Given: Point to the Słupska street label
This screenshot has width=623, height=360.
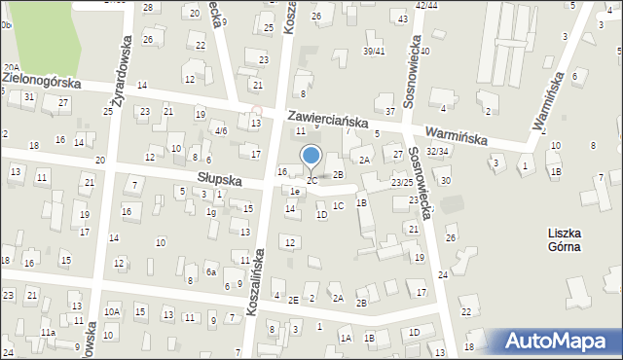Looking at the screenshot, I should (x=219, y=178).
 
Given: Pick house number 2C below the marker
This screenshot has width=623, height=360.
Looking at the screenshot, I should (x=312, y=180).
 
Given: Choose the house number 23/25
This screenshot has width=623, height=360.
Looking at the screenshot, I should (x=402, y=182).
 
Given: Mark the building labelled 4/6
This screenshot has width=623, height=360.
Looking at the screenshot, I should (x=221, y=130).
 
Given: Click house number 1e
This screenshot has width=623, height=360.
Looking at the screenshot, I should (x=294, y=192).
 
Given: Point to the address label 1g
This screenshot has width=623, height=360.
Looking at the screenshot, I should (x=211, y=211).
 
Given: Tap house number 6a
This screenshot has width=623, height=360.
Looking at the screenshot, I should (x=210, y=272).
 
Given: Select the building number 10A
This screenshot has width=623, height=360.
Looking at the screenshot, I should (x=112, y=311).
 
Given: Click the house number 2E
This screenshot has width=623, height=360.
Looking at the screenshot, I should (x=293, y=300).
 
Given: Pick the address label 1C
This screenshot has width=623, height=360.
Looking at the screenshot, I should (x=338, y=205).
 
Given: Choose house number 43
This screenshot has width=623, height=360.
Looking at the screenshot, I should (x=402, y=19).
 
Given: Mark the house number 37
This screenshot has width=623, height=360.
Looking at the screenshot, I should (x=390, y=111).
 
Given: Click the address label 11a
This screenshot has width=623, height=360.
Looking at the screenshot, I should (x=48, y=333).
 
